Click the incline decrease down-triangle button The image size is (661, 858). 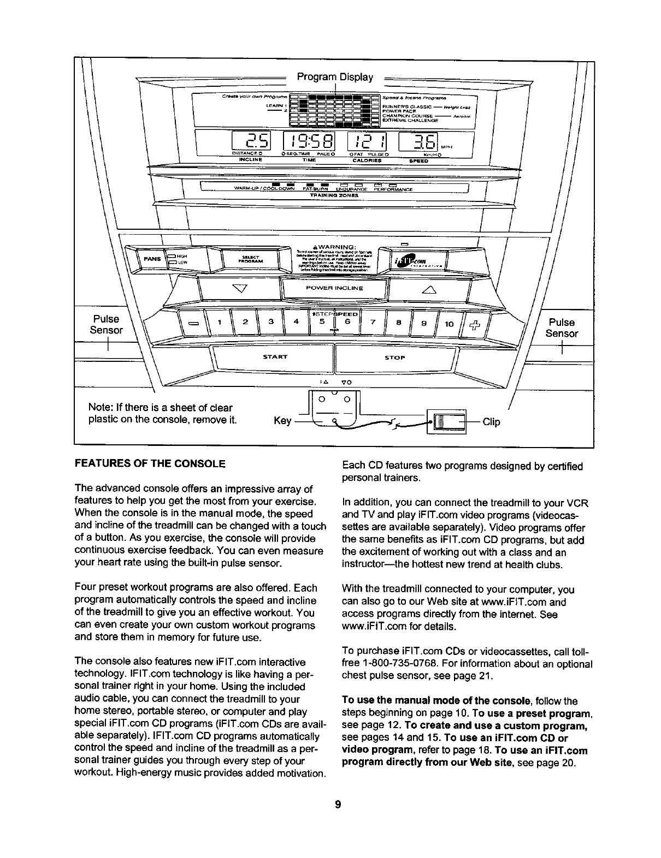click(237, 288)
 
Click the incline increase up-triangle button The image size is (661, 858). click(428, 289)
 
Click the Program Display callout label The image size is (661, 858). click(335, 77)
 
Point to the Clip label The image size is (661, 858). click(491, 422)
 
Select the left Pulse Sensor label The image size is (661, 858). click(107, 325)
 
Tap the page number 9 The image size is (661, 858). click(338, 804)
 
